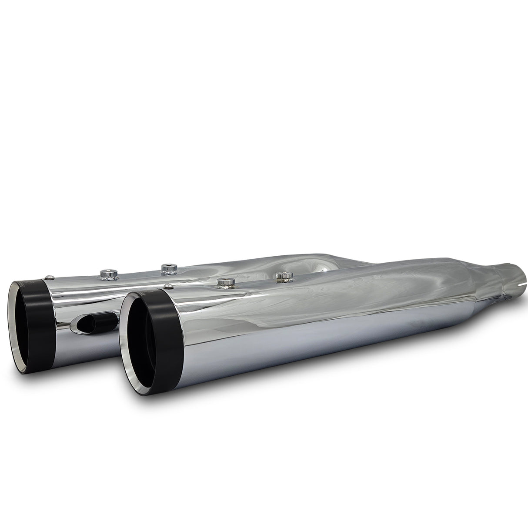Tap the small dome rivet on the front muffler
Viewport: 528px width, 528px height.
click(167, 286)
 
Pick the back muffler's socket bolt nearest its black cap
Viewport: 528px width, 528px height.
click(106, 273)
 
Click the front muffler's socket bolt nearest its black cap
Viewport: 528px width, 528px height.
click(224, 282)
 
